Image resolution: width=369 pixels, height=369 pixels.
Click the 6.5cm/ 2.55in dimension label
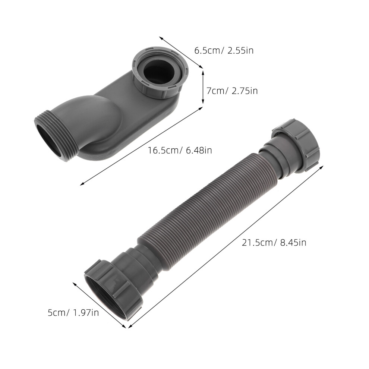(x=224, y=51)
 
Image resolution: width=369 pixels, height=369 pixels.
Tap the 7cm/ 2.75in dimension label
(x=232, y=91)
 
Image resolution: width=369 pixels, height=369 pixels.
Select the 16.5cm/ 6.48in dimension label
(x=180, y=150)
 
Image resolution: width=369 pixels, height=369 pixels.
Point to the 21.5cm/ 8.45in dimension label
(x=274, y=243)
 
